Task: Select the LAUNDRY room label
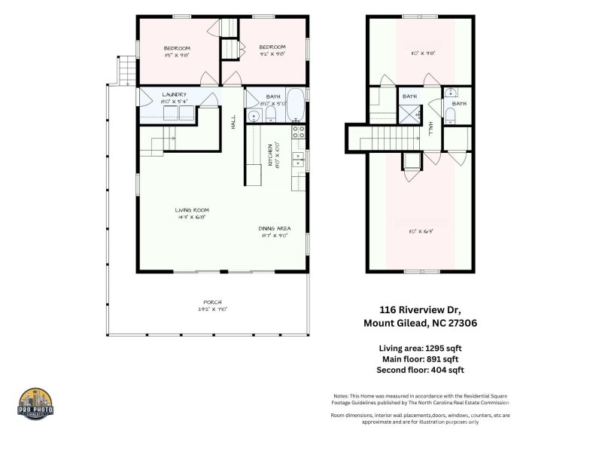pos(175,96)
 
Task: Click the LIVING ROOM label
pos(191,210)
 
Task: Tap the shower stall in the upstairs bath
pos(409,115)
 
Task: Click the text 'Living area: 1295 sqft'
pos(420,348)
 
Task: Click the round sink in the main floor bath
pos(255,115)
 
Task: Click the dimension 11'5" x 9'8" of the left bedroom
pos(178,55)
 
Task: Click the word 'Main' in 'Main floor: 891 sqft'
pos(389,359)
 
